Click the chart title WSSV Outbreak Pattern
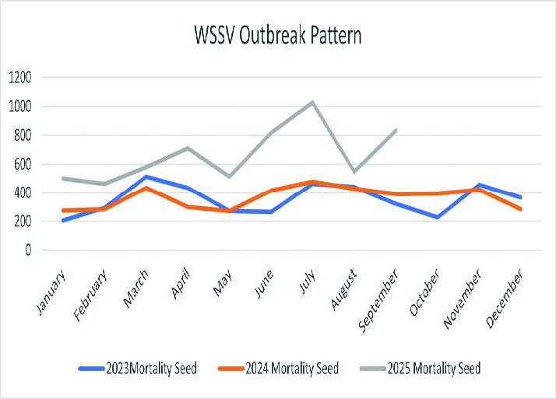click(x=278, y=35)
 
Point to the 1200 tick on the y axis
click(x=20, y=77)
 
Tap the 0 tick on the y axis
click(x=28, y=250)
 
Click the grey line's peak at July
click(x=312, y=102)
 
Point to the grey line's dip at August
click(x=354, y=171)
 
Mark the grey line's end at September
click(x=396, y=130)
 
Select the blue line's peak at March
click(x=145, y=177)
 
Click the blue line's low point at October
click(x=438, y=217)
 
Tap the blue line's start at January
click(x=62, y=221)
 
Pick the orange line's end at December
click(x=521, y=209)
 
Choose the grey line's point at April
click(x=187, y=148)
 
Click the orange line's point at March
click(x=145, y=188)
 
